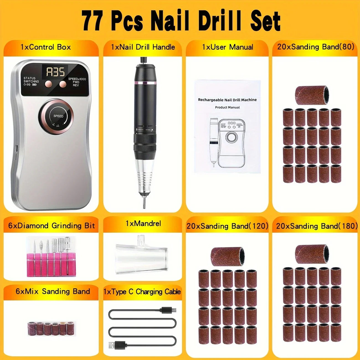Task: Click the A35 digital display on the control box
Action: pos(55,72)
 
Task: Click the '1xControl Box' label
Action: pos(46,47)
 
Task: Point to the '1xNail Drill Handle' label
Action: pos(143,47)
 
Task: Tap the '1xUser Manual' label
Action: pos(227,47)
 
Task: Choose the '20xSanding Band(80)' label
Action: pos(316,47)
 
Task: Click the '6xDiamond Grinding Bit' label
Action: pos(52,226)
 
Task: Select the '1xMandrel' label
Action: pos(143,223)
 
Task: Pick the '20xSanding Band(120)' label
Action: pos(227,226)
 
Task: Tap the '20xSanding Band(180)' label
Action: pos(317,226)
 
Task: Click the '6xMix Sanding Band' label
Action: pos(53,291)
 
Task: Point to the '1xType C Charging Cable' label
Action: pos(142,292)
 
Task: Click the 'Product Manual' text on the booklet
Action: pos(227,107)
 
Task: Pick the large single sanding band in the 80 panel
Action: pos(312,95)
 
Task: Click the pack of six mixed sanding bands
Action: pos(52,329)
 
